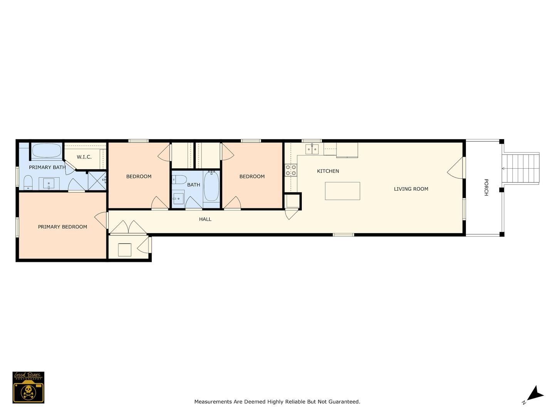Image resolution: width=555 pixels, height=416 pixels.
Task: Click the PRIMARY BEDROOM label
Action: [x=62, y=227]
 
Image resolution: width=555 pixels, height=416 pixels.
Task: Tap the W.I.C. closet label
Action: [x=84, y=157]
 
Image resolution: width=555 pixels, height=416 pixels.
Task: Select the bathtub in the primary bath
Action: [x=46, y=151]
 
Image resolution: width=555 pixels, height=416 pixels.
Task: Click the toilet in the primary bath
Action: [x=28, y=182]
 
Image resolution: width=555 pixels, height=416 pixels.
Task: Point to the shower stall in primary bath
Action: [x=97, y=180]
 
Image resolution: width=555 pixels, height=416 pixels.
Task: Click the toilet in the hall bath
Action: [x=180, y=179]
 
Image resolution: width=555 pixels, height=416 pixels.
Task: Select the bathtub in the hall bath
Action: [x=211, y=186]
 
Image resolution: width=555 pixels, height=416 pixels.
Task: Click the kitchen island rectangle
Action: [x=342, y=191]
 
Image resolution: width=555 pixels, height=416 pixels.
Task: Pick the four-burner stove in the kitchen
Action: [x=291, y=170]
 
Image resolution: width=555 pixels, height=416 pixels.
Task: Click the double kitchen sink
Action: [x=312, y=149]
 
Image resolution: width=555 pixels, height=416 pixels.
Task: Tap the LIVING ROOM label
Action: [x=411, y=189]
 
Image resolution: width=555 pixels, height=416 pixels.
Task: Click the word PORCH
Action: [x=486, y=187]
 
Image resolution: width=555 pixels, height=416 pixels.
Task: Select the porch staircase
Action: [x=521, y=168]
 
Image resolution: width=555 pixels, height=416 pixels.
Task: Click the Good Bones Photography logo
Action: [x=29, y=387]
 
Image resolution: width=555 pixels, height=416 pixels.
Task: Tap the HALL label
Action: [x=205, y=219]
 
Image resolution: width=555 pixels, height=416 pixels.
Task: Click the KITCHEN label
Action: [x=328, y=171]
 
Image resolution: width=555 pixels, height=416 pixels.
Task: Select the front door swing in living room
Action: [x=456, y=168]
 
